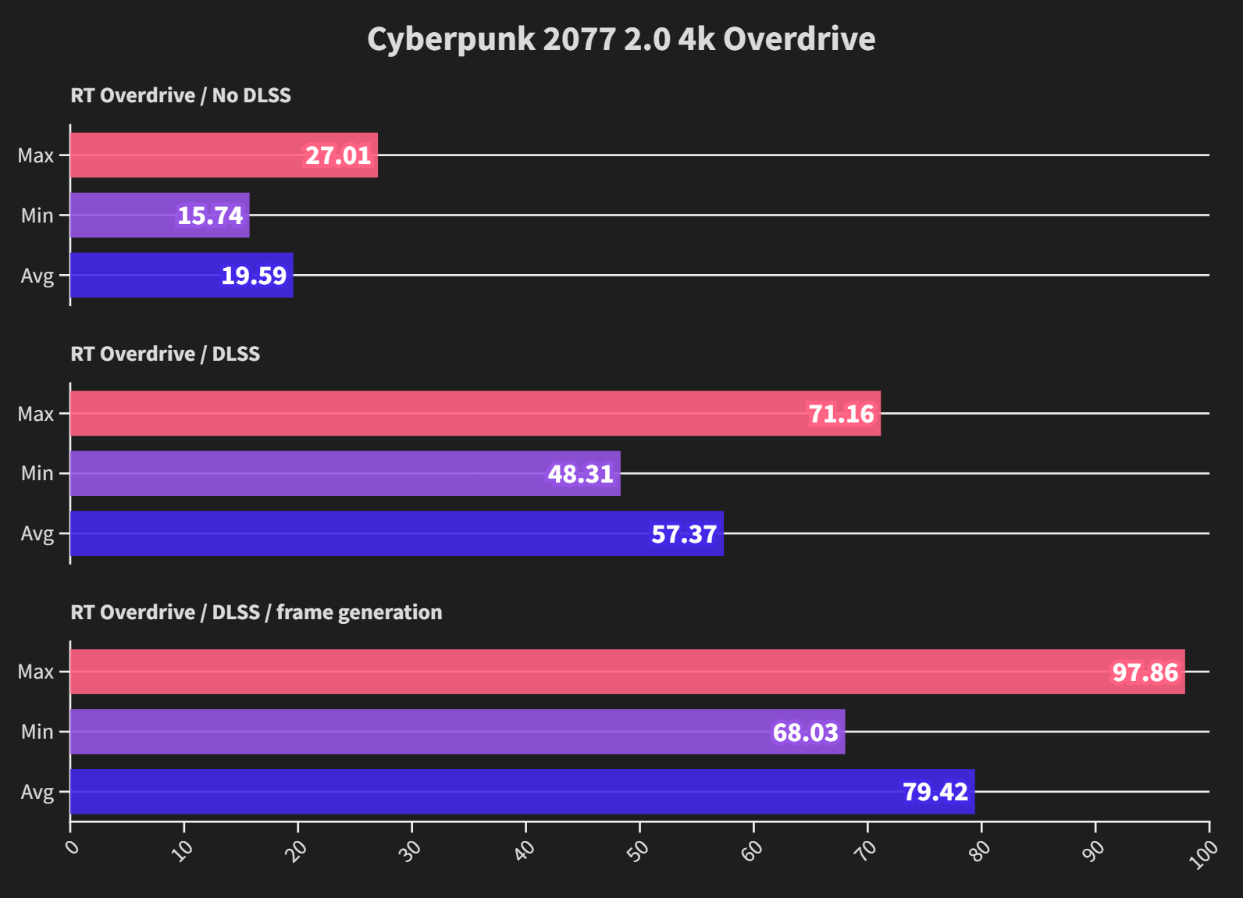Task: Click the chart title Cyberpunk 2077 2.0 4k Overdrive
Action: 621,39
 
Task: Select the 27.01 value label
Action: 337,155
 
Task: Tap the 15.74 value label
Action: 210,216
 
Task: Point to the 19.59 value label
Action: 254,276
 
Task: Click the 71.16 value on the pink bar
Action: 841,414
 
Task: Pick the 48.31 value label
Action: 580,474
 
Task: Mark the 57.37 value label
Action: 684,534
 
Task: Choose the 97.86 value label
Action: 1145,672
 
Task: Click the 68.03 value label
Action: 805,732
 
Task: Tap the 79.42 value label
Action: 935,792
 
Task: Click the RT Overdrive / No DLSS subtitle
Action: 180,95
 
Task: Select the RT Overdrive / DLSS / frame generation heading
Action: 256,612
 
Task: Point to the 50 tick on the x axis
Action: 638,850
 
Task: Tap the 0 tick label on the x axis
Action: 73,847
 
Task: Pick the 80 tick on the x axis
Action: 979,850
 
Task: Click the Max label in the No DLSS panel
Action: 36,155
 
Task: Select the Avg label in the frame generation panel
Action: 37,792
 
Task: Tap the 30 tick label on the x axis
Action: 410,850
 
